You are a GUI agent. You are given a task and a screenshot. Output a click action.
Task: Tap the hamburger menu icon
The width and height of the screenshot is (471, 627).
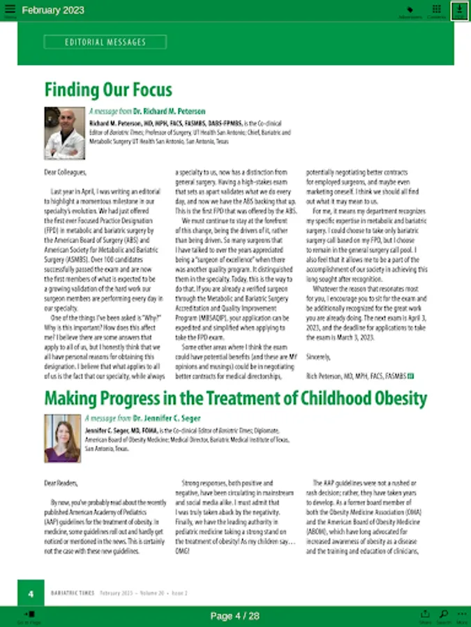[9, 10]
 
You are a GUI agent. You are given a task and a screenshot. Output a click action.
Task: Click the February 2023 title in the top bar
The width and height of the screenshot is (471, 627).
[53, 10]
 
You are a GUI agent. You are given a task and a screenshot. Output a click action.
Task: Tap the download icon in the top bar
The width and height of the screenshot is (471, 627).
[459, 10]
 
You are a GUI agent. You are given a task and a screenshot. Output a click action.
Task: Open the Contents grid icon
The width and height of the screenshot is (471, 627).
[436, 10]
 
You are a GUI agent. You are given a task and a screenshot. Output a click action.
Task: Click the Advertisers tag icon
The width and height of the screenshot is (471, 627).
[410, 10]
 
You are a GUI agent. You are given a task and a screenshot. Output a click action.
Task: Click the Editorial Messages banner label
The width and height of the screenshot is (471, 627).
[105, 42]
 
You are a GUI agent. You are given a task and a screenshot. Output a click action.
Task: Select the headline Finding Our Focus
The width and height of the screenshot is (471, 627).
[108, 90]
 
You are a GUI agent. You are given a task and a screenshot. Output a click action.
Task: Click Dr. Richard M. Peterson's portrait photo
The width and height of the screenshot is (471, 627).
[64, 133]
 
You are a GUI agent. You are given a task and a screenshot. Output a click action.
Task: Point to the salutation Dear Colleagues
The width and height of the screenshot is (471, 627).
[65, 171]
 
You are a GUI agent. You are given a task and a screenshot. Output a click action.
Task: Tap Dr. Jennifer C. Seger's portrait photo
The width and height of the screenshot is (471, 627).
[63, 439]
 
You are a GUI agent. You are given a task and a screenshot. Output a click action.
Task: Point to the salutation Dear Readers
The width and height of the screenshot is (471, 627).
[61, 482]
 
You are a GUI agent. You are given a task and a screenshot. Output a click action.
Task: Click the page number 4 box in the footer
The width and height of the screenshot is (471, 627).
[31, 594]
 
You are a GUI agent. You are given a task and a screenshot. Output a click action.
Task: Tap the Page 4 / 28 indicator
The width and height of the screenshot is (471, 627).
[235, 616]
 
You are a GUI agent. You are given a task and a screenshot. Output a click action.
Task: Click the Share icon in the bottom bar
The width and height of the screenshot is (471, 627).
[425, 616]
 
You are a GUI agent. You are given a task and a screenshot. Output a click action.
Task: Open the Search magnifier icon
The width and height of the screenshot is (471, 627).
[444, 616]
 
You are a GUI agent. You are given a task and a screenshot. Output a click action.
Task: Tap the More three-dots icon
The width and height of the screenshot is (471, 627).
[461, 616]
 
